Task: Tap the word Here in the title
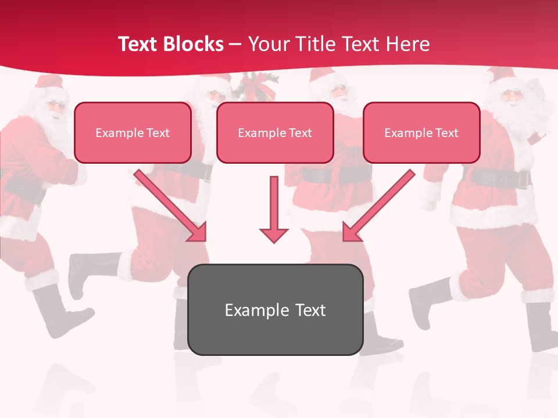[x=406, y=44]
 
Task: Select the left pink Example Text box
[x=133, y=132]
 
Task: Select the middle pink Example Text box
[x=275, y=132]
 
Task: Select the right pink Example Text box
[x=421, y=132]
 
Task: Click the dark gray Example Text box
[x=275, y=309]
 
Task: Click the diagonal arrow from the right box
[x=380, y=204]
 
